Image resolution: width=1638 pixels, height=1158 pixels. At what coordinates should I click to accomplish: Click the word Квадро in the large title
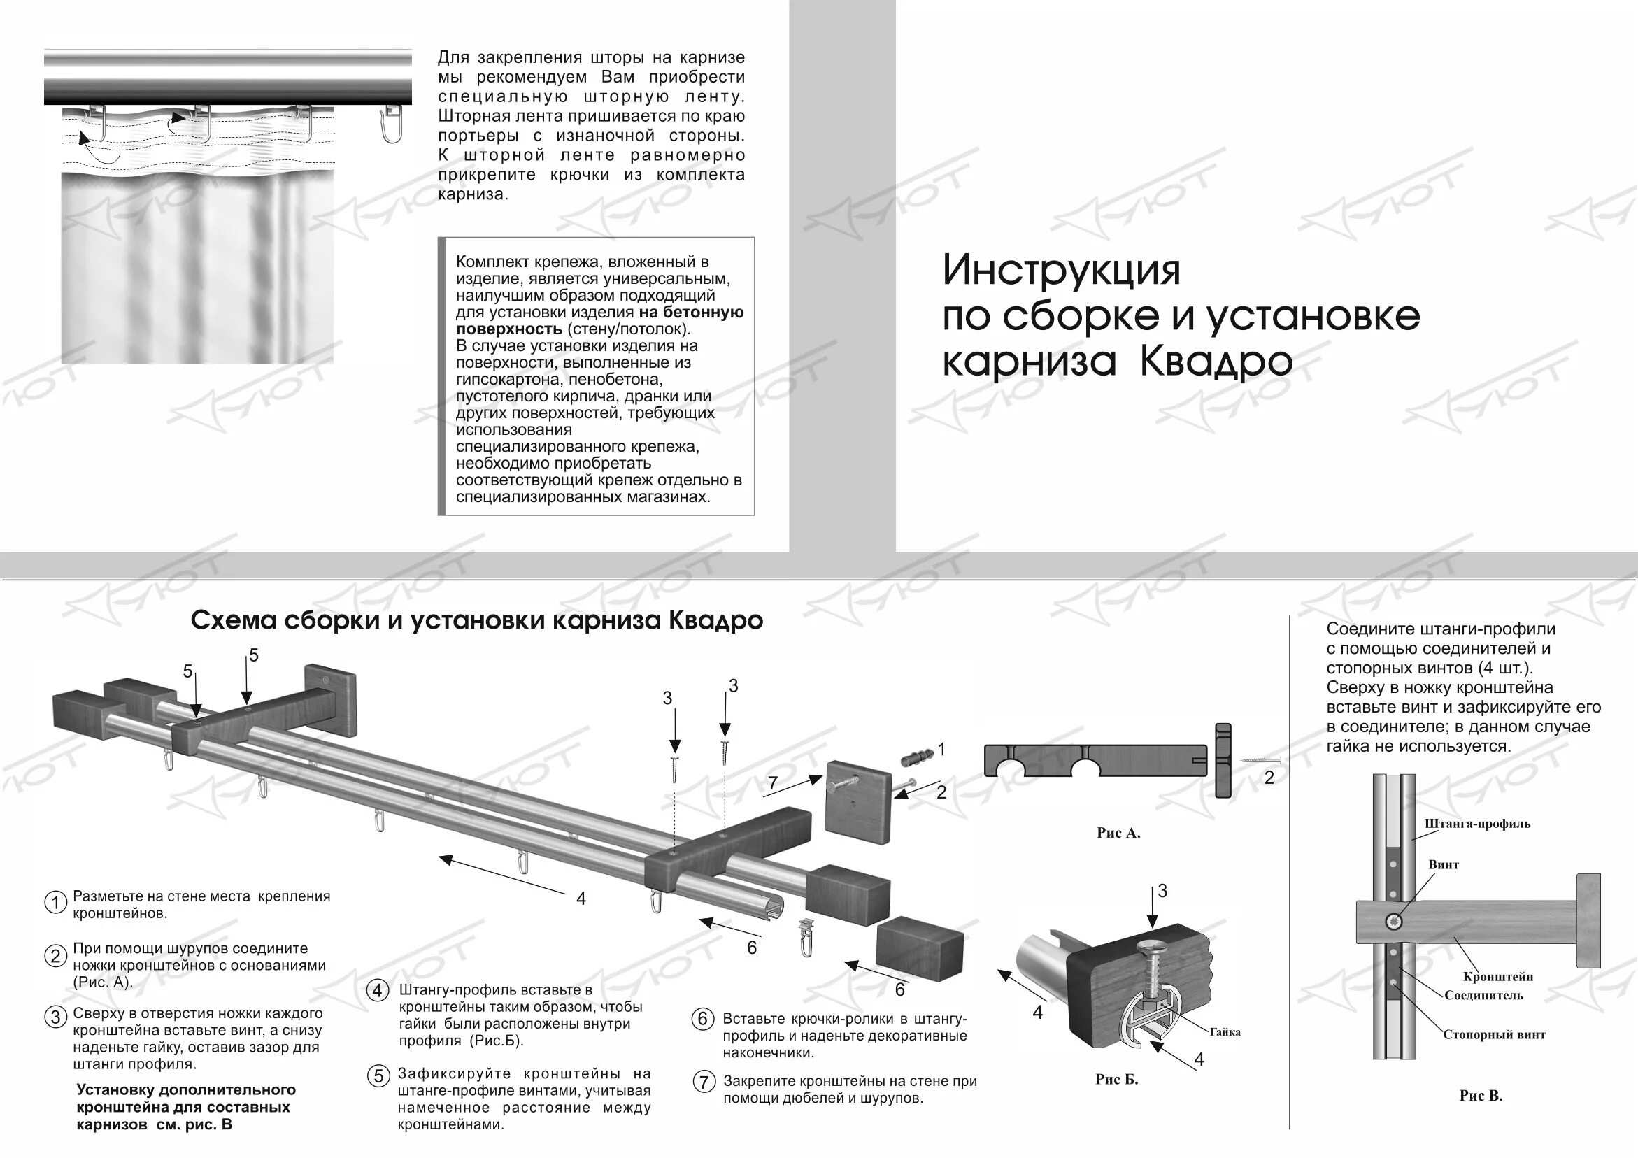click(x=1216, y=362)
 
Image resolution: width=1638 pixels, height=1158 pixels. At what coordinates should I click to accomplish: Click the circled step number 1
click(x=56, y=903)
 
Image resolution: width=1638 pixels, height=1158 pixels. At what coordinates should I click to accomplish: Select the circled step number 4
click(x=378, y=990)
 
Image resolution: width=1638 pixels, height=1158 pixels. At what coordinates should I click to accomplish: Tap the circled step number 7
click(x=704, y=1082)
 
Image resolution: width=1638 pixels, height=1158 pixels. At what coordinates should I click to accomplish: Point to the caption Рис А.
click(x=1118, y=833)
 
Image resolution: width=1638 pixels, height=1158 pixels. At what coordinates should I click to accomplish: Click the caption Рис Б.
click(x=1116, y=1080)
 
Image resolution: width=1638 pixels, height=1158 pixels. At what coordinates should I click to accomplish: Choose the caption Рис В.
click(x=1481, y=1096)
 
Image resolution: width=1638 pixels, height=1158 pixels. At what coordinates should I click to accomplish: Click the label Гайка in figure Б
click(x=1225, y=1031)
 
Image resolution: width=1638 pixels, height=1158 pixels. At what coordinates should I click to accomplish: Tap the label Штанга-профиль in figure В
click(x=1477, y=824)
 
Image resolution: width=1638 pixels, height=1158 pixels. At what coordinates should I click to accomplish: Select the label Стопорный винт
click(x=1494, y=1034)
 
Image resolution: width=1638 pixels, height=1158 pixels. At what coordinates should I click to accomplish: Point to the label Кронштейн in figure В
click(x=1498, y=977)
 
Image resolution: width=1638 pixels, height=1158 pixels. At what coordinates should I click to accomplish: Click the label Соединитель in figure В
click(x=1483, y=995)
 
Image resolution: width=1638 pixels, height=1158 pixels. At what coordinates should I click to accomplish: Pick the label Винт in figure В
click(x=1444, y=865)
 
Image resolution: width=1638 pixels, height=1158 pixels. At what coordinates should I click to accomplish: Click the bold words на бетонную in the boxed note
click(x=690, y=313)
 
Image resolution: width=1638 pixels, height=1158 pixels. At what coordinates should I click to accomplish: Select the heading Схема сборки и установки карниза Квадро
click(x=476, y=621)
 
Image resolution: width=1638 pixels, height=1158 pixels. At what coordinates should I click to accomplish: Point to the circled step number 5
click(x=378, y=1077)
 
